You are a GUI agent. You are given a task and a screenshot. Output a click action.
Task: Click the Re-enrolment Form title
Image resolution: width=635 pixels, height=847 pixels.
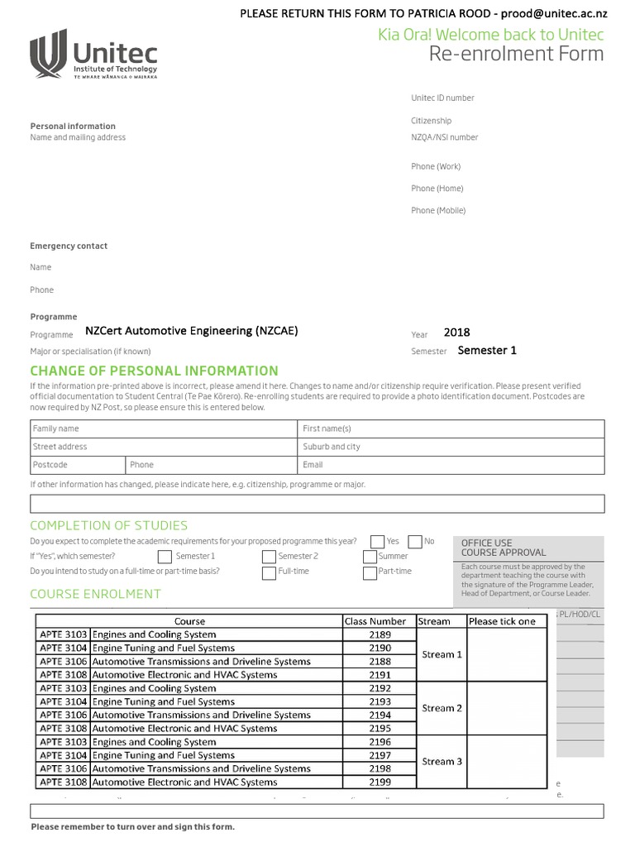(x=516, y=55)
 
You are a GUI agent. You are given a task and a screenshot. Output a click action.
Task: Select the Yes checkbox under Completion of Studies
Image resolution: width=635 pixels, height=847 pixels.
(x=378, y=541)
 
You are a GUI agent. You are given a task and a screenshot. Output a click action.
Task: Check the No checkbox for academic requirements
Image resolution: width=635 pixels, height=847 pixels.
(x=415, y=541)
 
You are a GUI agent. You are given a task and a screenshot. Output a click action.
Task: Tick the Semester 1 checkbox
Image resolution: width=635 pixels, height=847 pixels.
(x=165, y=557)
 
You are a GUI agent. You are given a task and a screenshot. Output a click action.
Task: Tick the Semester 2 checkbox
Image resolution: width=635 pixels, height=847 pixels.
(x=270, y=557)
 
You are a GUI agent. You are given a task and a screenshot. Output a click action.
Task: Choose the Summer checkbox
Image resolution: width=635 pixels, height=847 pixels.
(x=370, y=557)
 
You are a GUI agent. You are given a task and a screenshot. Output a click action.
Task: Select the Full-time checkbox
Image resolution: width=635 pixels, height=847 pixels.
(x=270, y=572)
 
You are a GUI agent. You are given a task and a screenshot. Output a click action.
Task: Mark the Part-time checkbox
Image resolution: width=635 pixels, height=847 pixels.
(x=370, y=572)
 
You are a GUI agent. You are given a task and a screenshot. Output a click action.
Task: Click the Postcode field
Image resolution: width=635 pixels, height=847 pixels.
(x=78, y=465)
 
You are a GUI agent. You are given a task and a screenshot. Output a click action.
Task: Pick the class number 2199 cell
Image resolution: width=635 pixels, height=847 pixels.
(x=380, y=782)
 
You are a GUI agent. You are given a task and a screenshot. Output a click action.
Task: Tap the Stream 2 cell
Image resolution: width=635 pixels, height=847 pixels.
(x=442, y=708)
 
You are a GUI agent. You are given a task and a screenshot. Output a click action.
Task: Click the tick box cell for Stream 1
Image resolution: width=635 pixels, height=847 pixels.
(x=507, y=654)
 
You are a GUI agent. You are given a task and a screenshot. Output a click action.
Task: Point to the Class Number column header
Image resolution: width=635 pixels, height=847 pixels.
(x=375, y=621)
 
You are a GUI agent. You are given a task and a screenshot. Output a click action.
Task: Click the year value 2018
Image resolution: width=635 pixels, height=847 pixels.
(x=456, y=333)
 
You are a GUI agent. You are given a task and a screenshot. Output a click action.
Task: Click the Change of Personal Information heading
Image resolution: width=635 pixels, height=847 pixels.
(x=154, y=371)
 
